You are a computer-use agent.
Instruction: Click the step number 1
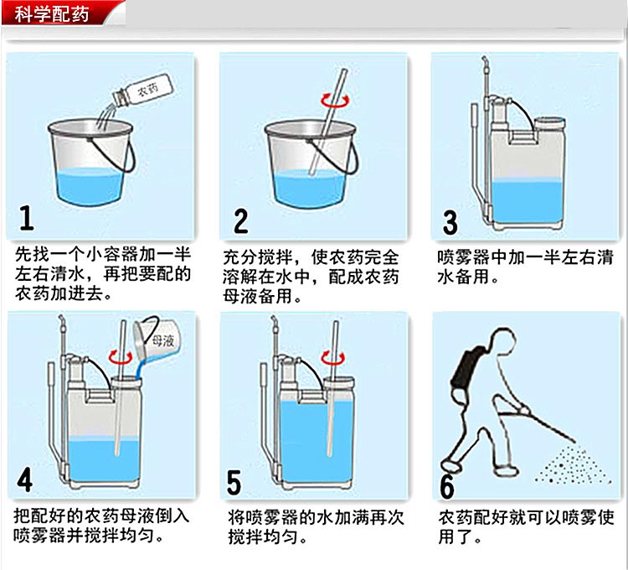[x=27, y=218]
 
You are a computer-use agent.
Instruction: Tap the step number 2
[x=240, y=220]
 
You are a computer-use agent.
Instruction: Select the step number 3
[x=450, y=222]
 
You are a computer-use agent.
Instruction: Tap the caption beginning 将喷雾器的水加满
[x=315, y=526]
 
